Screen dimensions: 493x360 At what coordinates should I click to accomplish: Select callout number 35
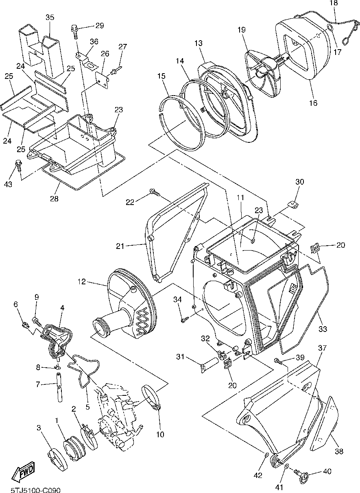50,17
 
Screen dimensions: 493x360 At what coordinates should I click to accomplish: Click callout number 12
82,281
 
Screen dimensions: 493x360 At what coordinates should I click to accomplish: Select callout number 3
39,428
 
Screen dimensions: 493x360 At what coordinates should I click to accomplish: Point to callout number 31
181,357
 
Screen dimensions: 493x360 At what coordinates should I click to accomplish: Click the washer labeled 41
286,467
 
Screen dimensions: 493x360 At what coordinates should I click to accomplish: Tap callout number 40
327,472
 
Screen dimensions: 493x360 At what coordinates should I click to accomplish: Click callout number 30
299,182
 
